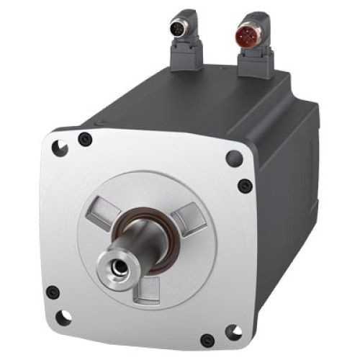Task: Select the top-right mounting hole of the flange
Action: tap(233, 158)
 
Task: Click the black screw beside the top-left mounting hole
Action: tap(85, 140)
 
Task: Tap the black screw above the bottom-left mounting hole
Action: tap(53, 292)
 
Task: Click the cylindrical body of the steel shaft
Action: tap(143, 241)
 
